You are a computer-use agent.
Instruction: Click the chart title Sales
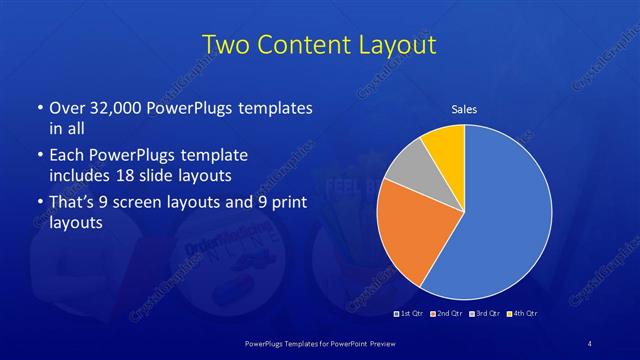[464, 108]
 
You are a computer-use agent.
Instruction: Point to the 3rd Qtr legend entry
[486, 314]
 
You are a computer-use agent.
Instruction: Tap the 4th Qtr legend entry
[523, 314]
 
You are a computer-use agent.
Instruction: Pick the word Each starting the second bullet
[67, 156]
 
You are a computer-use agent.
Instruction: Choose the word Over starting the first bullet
[69, 108]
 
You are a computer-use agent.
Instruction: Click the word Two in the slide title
[226, 45]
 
